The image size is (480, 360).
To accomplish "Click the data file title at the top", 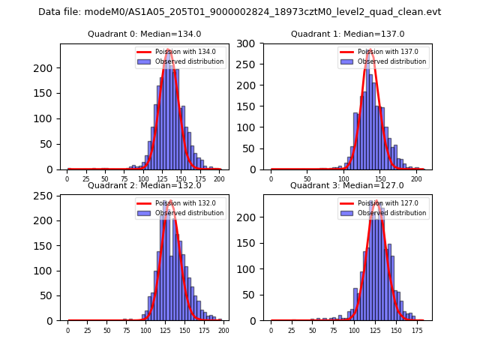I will [239, 12].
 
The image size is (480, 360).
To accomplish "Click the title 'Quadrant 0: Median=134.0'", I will [144, 34].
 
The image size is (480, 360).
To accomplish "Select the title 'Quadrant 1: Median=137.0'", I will [347, 34].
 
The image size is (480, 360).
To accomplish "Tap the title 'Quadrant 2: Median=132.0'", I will [144, 185].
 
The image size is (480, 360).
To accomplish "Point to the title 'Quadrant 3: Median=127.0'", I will [347, 185].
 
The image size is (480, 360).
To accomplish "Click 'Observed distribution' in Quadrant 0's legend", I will [189, 61].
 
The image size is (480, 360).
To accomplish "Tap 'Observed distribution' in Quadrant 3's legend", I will [391, 213].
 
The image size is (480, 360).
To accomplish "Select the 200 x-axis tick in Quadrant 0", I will [219, 178].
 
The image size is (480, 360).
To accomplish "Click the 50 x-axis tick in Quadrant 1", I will [307, 178].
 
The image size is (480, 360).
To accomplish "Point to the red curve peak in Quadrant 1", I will [370, 50].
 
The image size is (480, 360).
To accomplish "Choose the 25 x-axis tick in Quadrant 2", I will [87, 329].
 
